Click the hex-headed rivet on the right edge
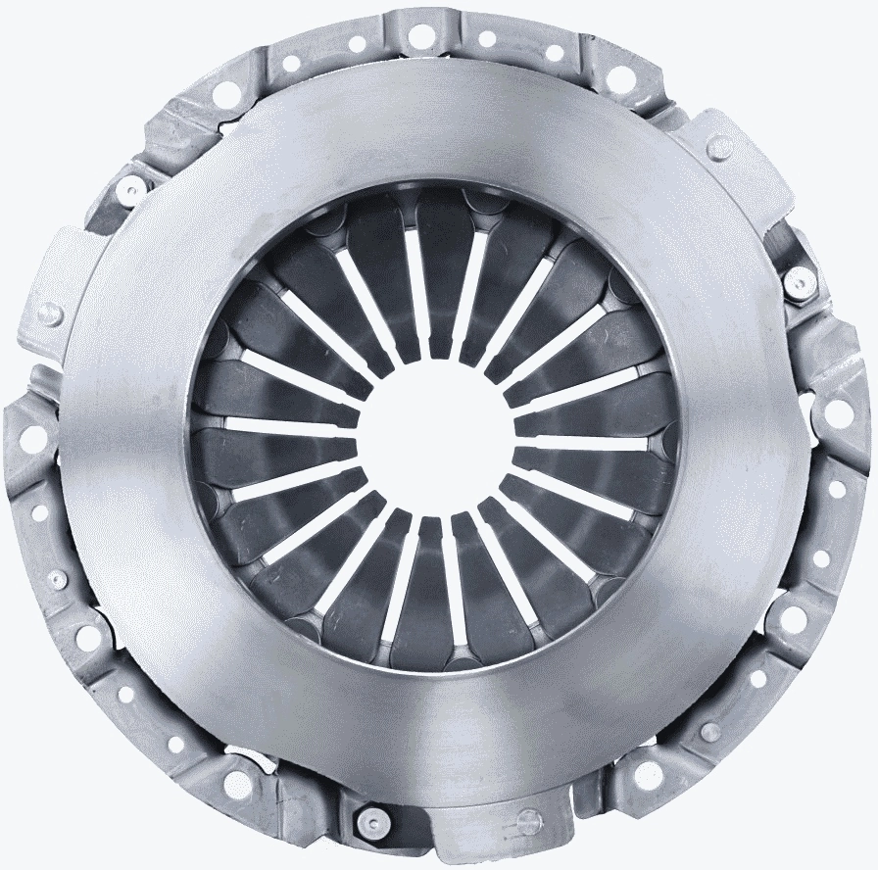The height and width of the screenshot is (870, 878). [x=799, y=283]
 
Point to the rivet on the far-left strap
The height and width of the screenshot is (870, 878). [x=51, y=314]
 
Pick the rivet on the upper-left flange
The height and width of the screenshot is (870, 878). [x=128, y=187]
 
